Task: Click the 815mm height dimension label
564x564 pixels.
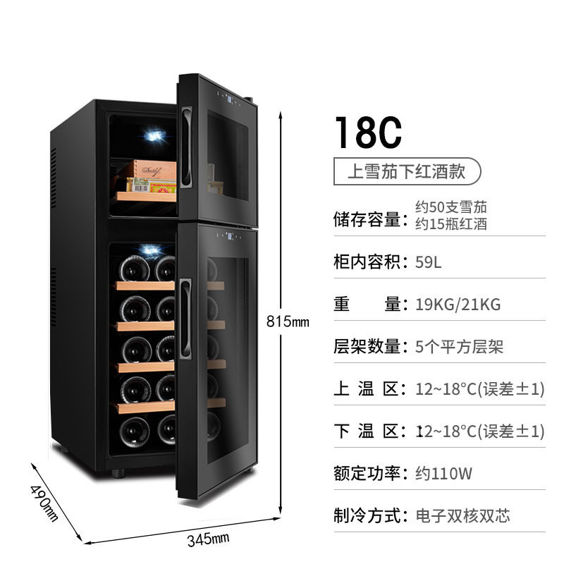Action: pos(288,321)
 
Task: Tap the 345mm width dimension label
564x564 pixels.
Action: pos(208,539)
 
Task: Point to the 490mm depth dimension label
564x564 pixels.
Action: pos(44,503)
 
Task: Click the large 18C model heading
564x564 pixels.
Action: pos(368,132)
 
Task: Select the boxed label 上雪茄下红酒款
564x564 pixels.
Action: pos(407,171)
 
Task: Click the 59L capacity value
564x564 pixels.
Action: pos(428,262)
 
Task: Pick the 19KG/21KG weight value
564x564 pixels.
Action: pos(458,305)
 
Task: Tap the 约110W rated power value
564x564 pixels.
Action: pos(443,473)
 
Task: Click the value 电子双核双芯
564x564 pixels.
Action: pos(462,516)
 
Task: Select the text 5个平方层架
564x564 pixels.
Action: pos(459,347)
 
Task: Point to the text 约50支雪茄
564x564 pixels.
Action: pos(451,207)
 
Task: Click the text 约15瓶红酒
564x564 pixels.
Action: pos(451,223)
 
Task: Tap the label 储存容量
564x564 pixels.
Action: pos(367,219)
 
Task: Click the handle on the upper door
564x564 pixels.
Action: pos(186,147)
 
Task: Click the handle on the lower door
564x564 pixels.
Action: pos(185,318)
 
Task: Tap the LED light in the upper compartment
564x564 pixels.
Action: pos(155,135)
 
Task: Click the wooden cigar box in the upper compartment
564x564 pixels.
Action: pos(154,170)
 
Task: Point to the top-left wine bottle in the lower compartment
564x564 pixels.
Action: pos(135,269)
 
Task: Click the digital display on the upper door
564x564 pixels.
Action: pos(229,97)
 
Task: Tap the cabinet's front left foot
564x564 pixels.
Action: pos(118,472)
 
